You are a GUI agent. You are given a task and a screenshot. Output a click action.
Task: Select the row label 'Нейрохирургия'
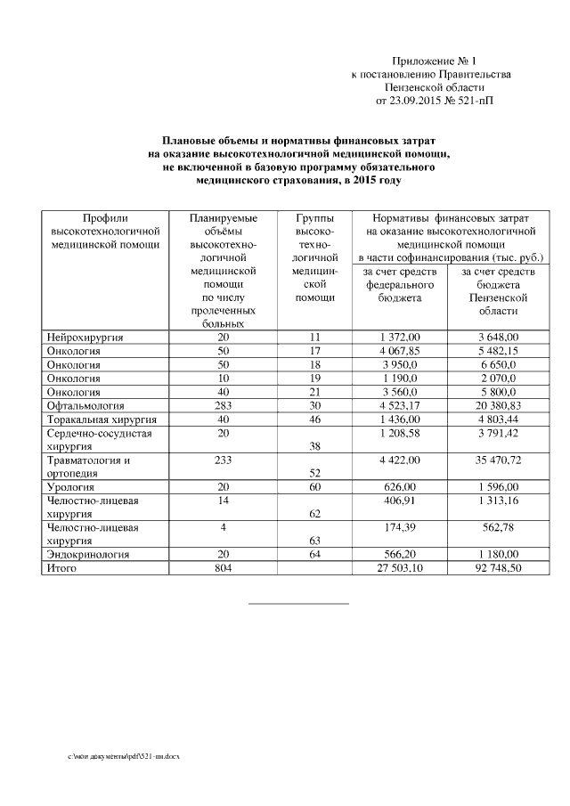(85, 338)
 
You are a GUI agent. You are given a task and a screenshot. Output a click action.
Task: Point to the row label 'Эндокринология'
(89, 554)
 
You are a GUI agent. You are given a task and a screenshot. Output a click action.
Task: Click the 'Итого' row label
(63, 567)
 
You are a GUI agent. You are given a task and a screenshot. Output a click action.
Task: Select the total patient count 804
(223, 567)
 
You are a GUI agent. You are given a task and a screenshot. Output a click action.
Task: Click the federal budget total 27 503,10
(399, 567)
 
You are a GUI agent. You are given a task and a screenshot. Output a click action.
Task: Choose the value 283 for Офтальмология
(223, 405)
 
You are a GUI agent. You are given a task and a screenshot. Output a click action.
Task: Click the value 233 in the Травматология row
(223, 460)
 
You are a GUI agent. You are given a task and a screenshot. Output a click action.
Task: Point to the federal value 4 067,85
(399, 352)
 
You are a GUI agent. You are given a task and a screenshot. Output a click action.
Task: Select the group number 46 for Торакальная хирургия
(314, 419)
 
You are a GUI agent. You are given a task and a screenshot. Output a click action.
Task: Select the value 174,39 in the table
(399, 527)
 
